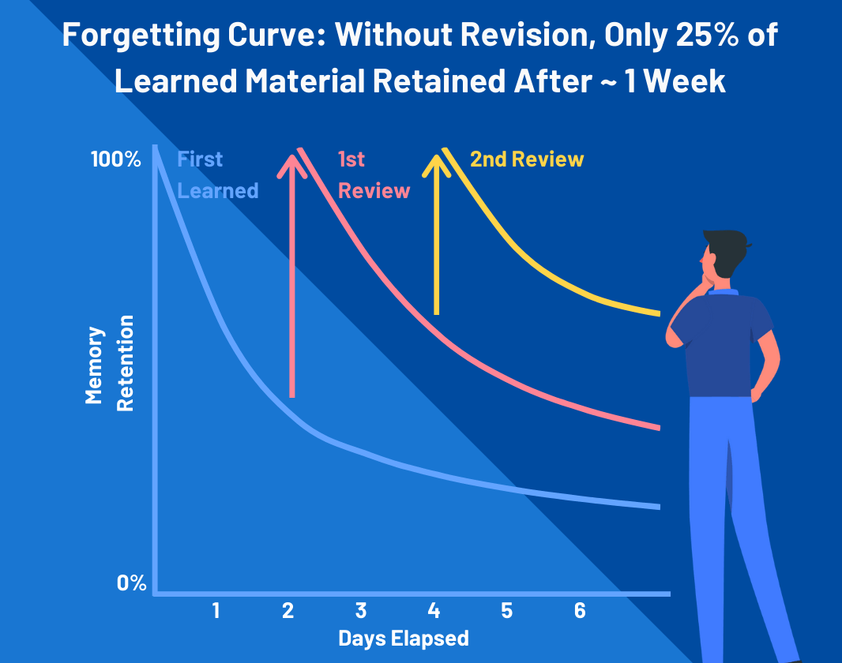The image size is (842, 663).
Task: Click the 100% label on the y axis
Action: point(115,159)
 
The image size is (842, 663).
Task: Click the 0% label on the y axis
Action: point(132,583)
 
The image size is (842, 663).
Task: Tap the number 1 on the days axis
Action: point(215,610)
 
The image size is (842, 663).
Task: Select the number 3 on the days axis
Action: point(360,610)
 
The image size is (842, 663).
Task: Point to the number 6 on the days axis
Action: point(580,610)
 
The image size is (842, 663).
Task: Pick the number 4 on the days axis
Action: point(433,610)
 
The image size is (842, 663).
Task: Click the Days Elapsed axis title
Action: point(403,638)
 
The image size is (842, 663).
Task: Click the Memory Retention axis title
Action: point(109,365)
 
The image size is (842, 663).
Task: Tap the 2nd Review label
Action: point(526,159)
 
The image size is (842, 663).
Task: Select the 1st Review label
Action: point(373,175)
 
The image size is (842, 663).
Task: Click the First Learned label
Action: point(217,175)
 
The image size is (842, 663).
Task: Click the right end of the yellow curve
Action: point(657,314)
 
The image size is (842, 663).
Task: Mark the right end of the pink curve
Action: point(657,428)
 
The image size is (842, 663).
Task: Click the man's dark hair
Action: point(724,246)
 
